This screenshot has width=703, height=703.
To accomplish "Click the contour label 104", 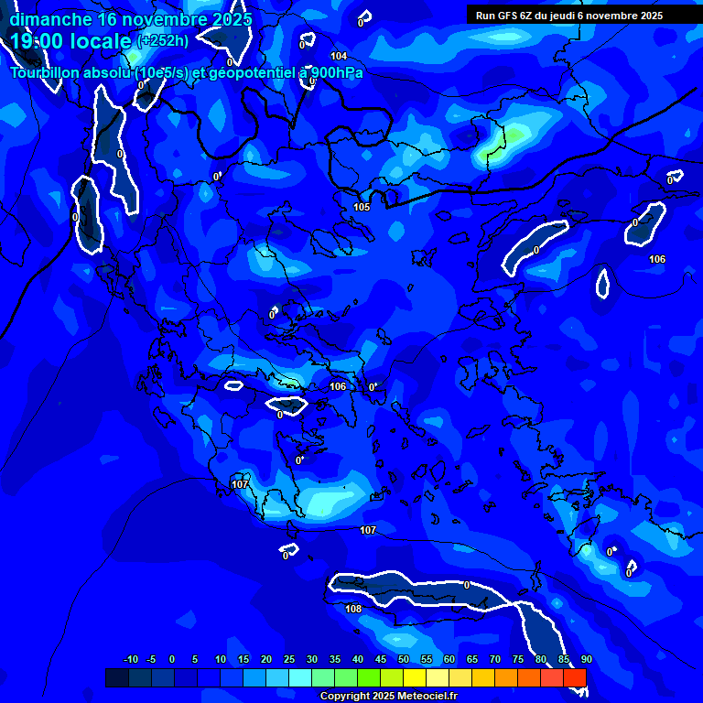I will [339, 57].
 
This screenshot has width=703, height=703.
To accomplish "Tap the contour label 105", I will [362, 207].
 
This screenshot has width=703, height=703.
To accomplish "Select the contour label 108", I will [353, 609].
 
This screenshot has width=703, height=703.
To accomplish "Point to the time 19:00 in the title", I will [40, 41].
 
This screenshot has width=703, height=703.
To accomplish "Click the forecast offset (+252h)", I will [163, 40].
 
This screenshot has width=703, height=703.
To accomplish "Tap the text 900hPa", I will [335, 72].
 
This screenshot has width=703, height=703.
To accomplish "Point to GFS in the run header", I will [506, 15].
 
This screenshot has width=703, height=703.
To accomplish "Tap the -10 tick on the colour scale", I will [130, 659].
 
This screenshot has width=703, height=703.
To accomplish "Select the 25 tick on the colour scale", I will [289, 659].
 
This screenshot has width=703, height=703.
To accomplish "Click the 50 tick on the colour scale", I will [404, 659].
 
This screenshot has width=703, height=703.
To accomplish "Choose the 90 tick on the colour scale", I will [586, 659].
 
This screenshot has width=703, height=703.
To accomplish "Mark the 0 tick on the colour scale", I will [172, 659].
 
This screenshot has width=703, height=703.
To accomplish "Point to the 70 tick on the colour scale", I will [495, 659].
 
